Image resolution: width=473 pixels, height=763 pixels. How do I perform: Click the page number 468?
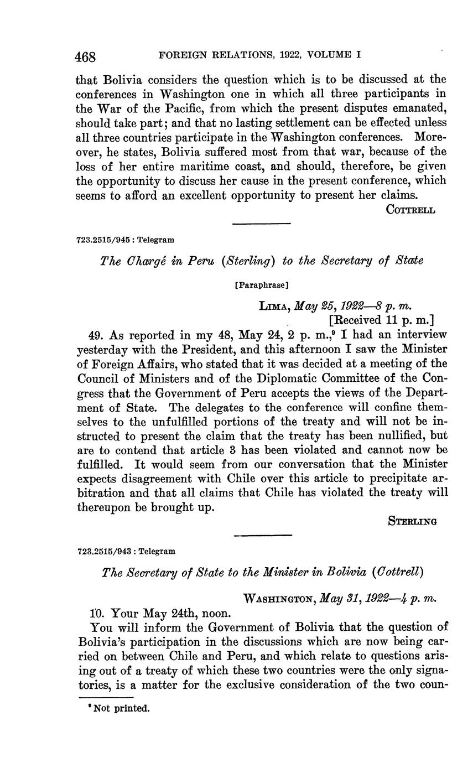coord(86,56)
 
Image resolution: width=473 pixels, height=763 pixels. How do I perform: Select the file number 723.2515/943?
coord(106,551)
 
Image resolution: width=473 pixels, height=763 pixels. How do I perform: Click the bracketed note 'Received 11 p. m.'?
coord(381,320)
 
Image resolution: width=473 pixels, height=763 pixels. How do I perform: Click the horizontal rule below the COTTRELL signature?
coord(261,224)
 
